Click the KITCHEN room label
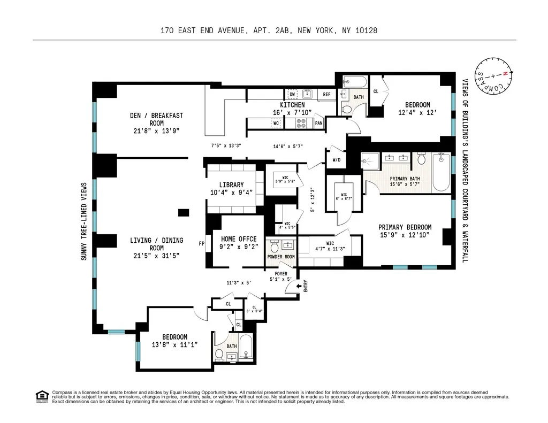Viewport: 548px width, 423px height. (x=292, y=105)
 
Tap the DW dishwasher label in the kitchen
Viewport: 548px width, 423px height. (x=292, y=94)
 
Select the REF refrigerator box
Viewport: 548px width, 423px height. (x=326, y=95)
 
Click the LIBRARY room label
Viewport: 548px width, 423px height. (x=231, y=185)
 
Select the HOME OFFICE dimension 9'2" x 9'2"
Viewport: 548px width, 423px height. (x=239, y=247)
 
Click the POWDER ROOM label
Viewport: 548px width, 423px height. (x=281, y=257)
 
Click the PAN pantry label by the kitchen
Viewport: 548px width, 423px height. (x=318, y=124)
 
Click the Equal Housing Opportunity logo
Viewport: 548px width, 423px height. (x=41, y=396)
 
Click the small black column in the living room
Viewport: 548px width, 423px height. (x=184, y=213)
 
